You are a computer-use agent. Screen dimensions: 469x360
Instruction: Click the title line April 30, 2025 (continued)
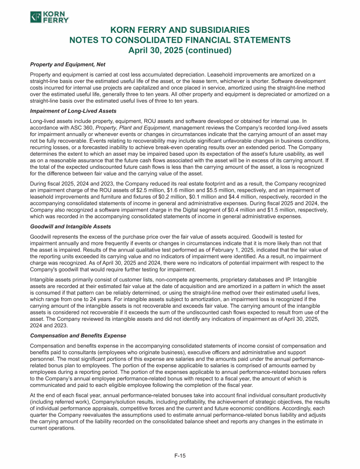(180, 50)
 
